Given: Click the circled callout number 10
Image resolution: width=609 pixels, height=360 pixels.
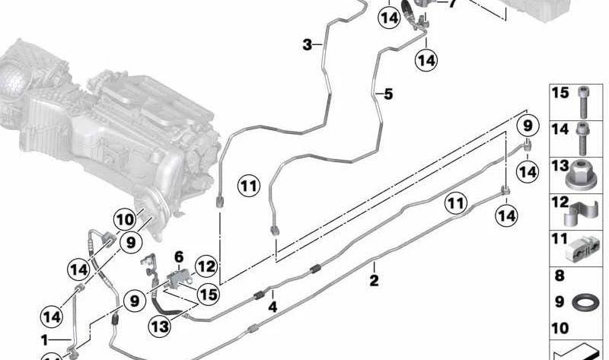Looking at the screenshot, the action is pyautogui.click(x=125, y=220).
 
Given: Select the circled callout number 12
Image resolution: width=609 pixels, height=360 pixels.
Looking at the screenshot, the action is pyautogui.click(x=206, y=267).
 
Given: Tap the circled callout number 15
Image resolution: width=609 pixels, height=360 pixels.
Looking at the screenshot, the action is pyautogui.click(x=208, y=294).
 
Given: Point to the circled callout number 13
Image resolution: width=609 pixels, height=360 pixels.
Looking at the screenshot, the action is pyautogui.click(x=160, y=326).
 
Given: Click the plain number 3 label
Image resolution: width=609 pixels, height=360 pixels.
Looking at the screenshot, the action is pyautogui.click(x=308, y=45).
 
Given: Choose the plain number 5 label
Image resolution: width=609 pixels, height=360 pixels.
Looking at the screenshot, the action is pyautogui.click(x=388, y=94).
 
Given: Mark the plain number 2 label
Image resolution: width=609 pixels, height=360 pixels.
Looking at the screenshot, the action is pyautogui.click(x=374, y=280).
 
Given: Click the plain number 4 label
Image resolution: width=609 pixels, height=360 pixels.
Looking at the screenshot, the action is pyautogui.click(x=273, y=307).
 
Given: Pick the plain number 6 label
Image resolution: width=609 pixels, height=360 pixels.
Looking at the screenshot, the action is pyautogui.click(x=179, y=256).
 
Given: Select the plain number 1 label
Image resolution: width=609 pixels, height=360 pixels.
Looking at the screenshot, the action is pyautogui.click(x=45, y=340).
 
